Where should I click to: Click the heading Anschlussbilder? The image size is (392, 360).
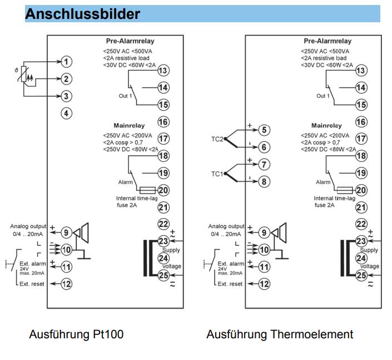pos(82,14)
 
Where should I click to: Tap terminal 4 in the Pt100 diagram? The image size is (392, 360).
pos(66,114)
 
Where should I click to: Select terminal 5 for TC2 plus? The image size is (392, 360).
pos(264,130)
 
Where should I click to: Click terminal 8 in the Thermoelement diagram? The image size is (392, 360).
pos(264,181)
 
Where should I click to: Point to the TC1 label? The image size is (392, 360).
pos(217,174)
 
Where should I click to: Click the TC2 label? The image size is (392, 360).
pos(217,139)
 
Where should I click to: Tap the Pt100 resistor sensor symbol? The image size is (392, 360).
pos(24,74)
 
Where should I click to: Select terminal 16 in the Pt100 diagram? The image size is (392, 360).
pos(163,122)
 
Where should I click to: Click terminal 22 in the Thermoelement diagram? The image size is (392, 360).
pos(361,224)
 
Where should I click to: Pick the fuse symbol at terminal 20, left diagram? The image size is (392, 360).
pos(147,190)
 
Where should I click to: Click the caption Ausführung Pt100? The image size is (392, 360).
pos(76,334)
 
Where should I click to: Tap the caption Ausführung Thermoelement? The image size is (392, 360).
pos(280,334)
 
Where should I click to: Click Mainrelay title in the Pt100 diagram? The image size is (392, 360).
pos(129,125)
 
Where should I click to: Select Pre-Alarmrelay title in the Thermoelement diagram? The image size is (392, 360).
pos(328,41)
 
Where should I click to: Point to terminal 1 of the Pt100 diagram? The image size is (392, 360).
pos(66,62)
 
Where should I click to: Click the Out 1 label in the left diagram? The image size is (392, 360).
pos(125,96)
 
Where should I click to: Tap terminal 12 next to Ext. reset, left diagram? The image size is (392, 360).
pos(66,284)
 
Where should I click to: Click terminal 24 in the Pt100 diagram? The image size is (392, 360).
pos(163,258)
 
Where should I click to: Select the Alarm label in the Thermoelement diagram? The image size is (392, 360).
pos(323,182)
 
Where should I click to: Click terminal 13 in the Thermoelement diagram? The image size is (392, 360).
pos(361,71)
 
